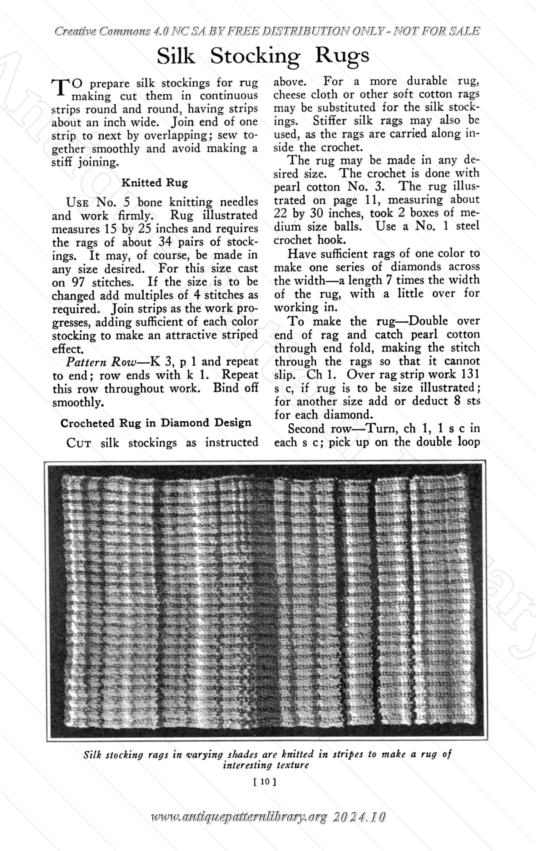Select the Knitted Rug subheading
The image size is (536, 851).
pos(154,183)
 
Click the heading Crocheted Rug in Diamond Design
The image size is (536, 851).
pos(156,423)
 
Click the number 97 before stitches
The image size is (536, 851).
pos(78,282)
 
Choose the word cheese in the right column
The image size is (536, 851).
pos(290,94)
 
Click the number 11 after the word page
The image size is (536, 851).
pos(369,200)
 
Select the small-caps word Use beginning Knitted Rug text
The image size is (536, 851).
pos(76,202)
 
